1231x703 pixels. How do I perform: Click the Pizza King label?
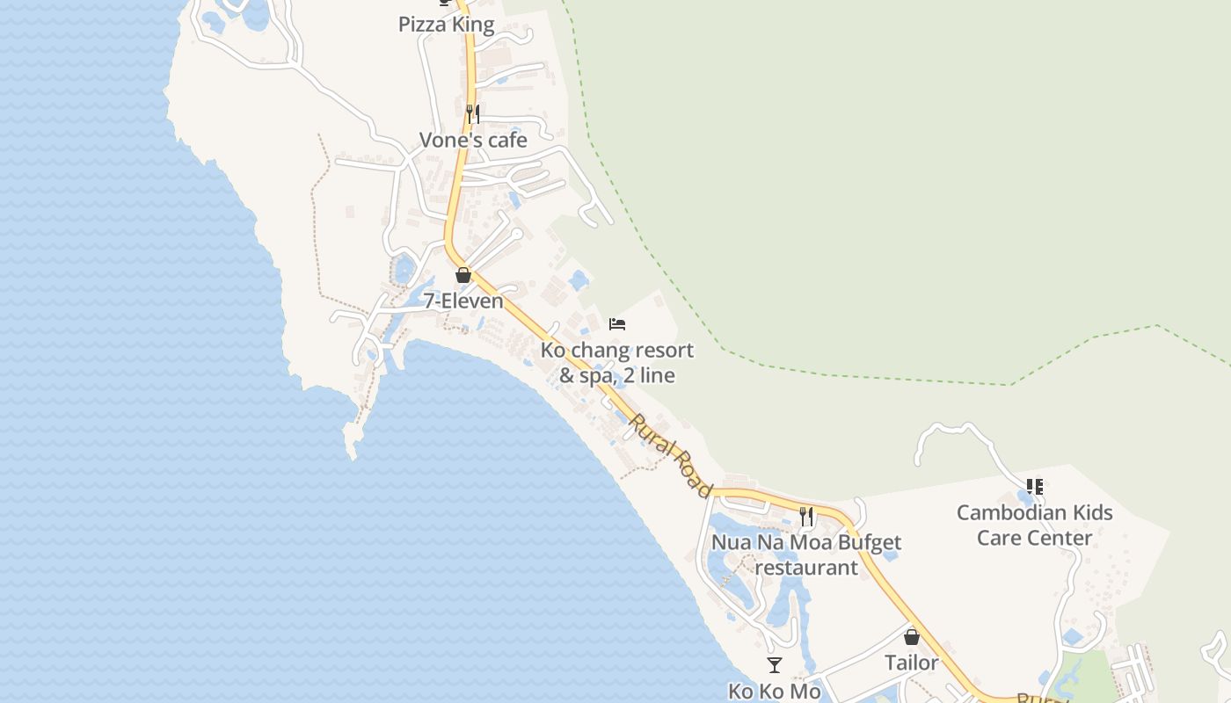446,25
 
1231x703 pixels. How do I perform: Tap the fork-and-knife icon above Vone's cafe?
472,113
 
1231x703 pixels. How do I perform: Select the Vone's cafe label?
473,140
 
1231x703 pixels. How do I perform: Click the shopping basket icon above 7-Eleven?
463,275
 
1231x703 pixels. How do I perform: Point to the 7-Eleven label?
463,301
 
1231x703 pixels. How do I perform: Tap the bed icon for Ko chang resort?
617,324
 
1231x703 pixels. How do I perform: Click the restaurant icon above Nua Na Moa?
806,516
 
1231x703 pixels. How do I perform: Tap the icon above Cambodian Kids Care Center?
1035,486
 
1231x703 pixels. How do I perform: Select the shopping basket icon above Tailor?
912,637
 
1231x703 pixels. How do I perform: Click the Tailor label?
912,663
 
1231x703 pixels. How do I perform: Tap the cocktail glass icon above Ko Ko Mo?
774,665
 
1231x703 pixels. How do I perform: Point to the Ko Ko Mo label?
774,691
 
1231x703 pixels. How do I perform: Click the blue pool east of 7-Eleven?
578,280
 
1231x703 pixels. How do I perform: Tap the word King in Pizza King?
473,25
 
